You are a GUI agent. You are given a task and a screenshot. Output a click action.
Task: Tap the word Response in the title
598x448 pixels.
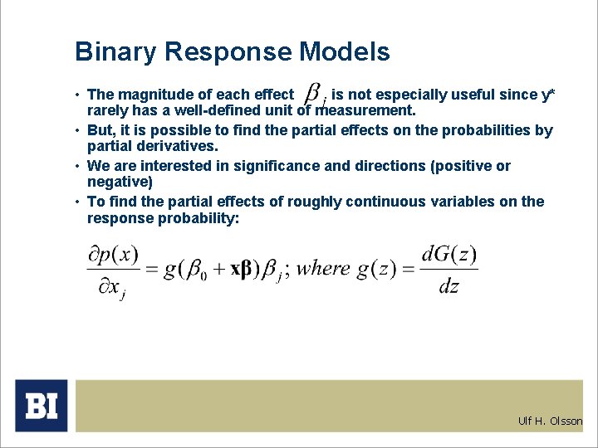tap(228, 52)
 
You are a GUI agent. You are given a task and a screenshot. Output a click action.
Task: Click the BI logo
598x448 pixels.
tap(41, 406)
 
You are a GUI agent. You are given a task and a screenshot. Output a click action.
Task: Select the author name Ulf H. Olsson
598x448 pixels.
tap(550, 421)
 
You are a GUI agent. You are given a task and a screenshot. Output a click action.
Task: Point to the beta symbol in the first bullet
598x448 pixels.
tap(313, 93)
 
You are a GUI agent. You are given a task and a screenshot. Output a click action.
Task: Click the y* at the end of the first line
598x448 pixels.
tap(547, 95)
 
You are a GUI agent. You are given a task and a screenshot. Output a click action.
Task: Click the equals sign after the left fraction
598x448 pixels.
tap(152, 270)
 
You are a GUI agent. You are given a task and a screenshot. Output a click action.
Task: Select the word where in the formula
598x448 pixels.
tap(323, 269)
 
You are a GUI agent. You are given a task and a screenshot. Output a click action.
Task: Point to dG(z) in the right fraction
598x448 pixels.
tap(448, 253)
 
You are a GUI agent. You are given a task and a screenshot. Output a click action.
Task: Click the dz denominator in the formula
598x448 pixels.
tap(448, 287)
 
